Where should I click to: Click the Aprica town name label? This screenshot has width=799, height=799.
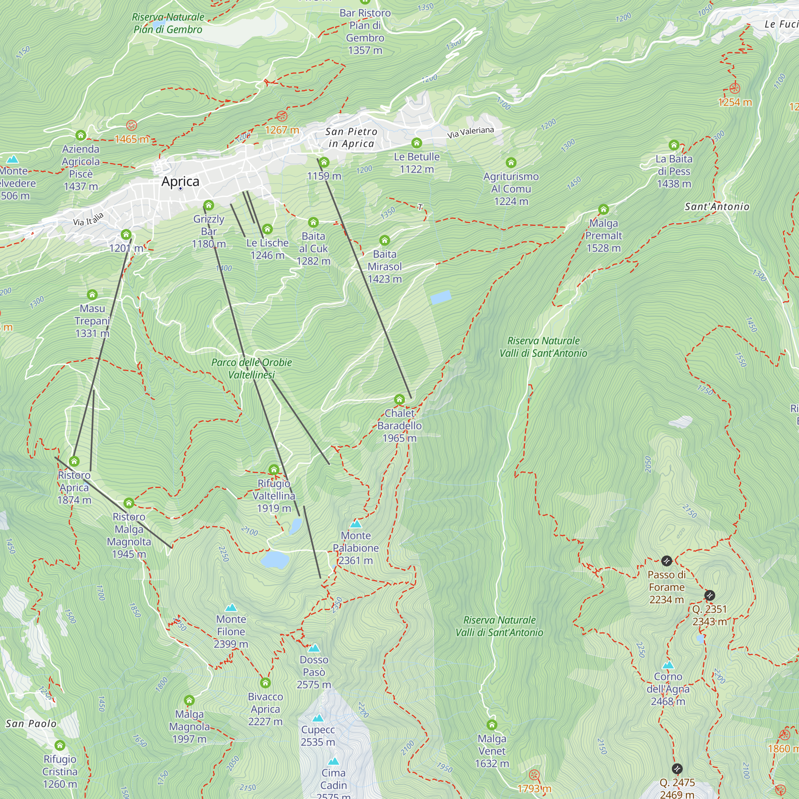pos(180,181)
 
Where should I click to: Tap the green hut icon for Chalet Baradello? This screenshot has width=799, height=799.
pos(399,399)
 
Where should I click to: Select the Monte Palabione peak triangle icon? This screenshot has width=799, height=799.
pos(356,525)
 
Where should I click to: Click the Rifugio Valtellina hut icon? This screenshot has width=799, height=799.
pos(273,469)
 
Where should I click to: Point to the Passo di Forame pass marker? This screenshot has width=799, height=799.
pos(666,561)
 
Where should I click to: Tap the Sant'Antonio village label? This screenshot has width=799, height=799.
pos(717,207)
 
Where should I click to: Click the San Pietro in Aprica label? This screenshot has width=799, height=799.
pos(351,137)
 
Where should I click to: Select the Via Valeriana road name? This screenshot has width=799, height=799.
pos(470,132)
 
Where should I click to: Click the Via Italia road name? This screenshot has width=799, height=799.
pos(88,219)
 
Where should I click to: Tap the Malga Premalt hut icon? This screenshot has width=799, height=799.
pos(603,209)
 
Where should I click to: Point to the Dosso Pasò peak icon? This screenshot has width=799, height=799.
pos(314,648)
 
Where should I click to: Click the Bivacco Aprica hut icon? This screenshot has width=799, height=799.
pos(266,682)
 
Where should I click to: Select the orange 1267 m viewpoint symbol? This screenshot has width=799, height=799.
pos(282,116)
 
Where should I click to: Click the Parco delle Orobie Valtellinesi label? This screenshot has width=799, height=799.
pos(251,368)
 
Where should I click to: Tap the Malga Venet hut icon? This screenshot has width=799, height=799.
pos(492,725)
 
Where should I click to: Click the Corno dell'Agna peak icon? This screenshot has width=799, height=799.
pos(668,665)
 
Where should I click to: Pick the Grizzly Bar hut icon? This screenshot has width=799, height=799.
pos(209,205)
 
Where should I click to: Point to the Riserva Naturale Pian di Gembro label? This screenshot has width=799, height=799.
pos(168,23)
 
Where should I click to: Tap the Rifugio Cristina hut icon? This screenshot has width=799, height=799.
pos(60,745)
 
